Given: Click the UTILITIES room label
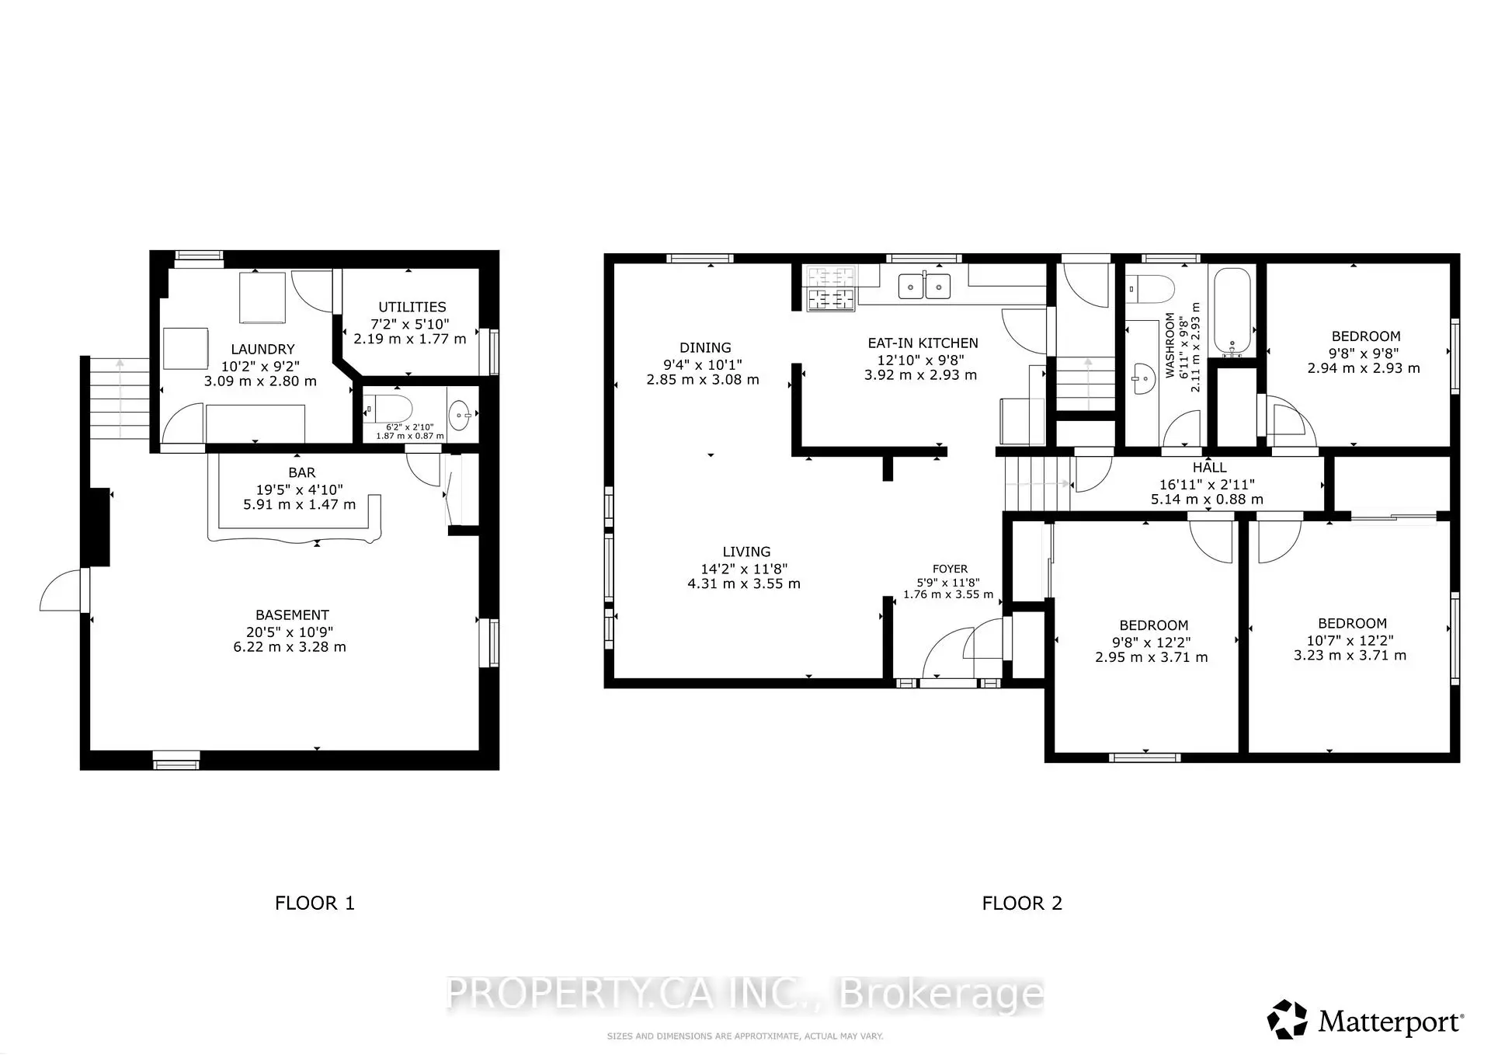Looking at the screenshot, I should coord(412,307).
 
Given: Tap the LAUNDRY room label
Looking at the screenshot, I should coord(262,349).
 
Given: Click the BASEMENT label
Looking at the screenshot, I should coord(292,615).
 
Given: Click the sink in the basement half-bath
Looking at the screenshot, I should coord(461,415).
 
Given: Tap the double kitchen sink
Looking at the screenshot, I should coord(925,287).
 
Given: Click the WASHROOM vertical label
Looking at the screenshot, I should coord(1170,346).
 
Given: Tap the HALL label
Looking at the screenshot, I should coord(1209,467).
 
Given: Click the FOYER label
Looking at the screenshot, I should coord(950,569).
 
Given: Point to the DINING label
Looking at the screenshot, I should coord(705,347).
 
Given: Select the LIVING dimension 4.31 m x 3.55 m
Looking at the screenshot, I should coord(743,583).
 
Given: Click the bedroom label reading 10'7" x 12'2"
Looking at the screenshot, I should coord(1351,640).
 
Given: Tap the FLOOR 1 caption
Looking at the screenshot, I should coord(315,903).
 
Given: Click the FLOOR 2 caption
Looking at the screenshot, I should coord(1021,903).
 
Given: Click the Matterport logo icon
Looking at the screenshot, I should coord(1287,1019).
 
